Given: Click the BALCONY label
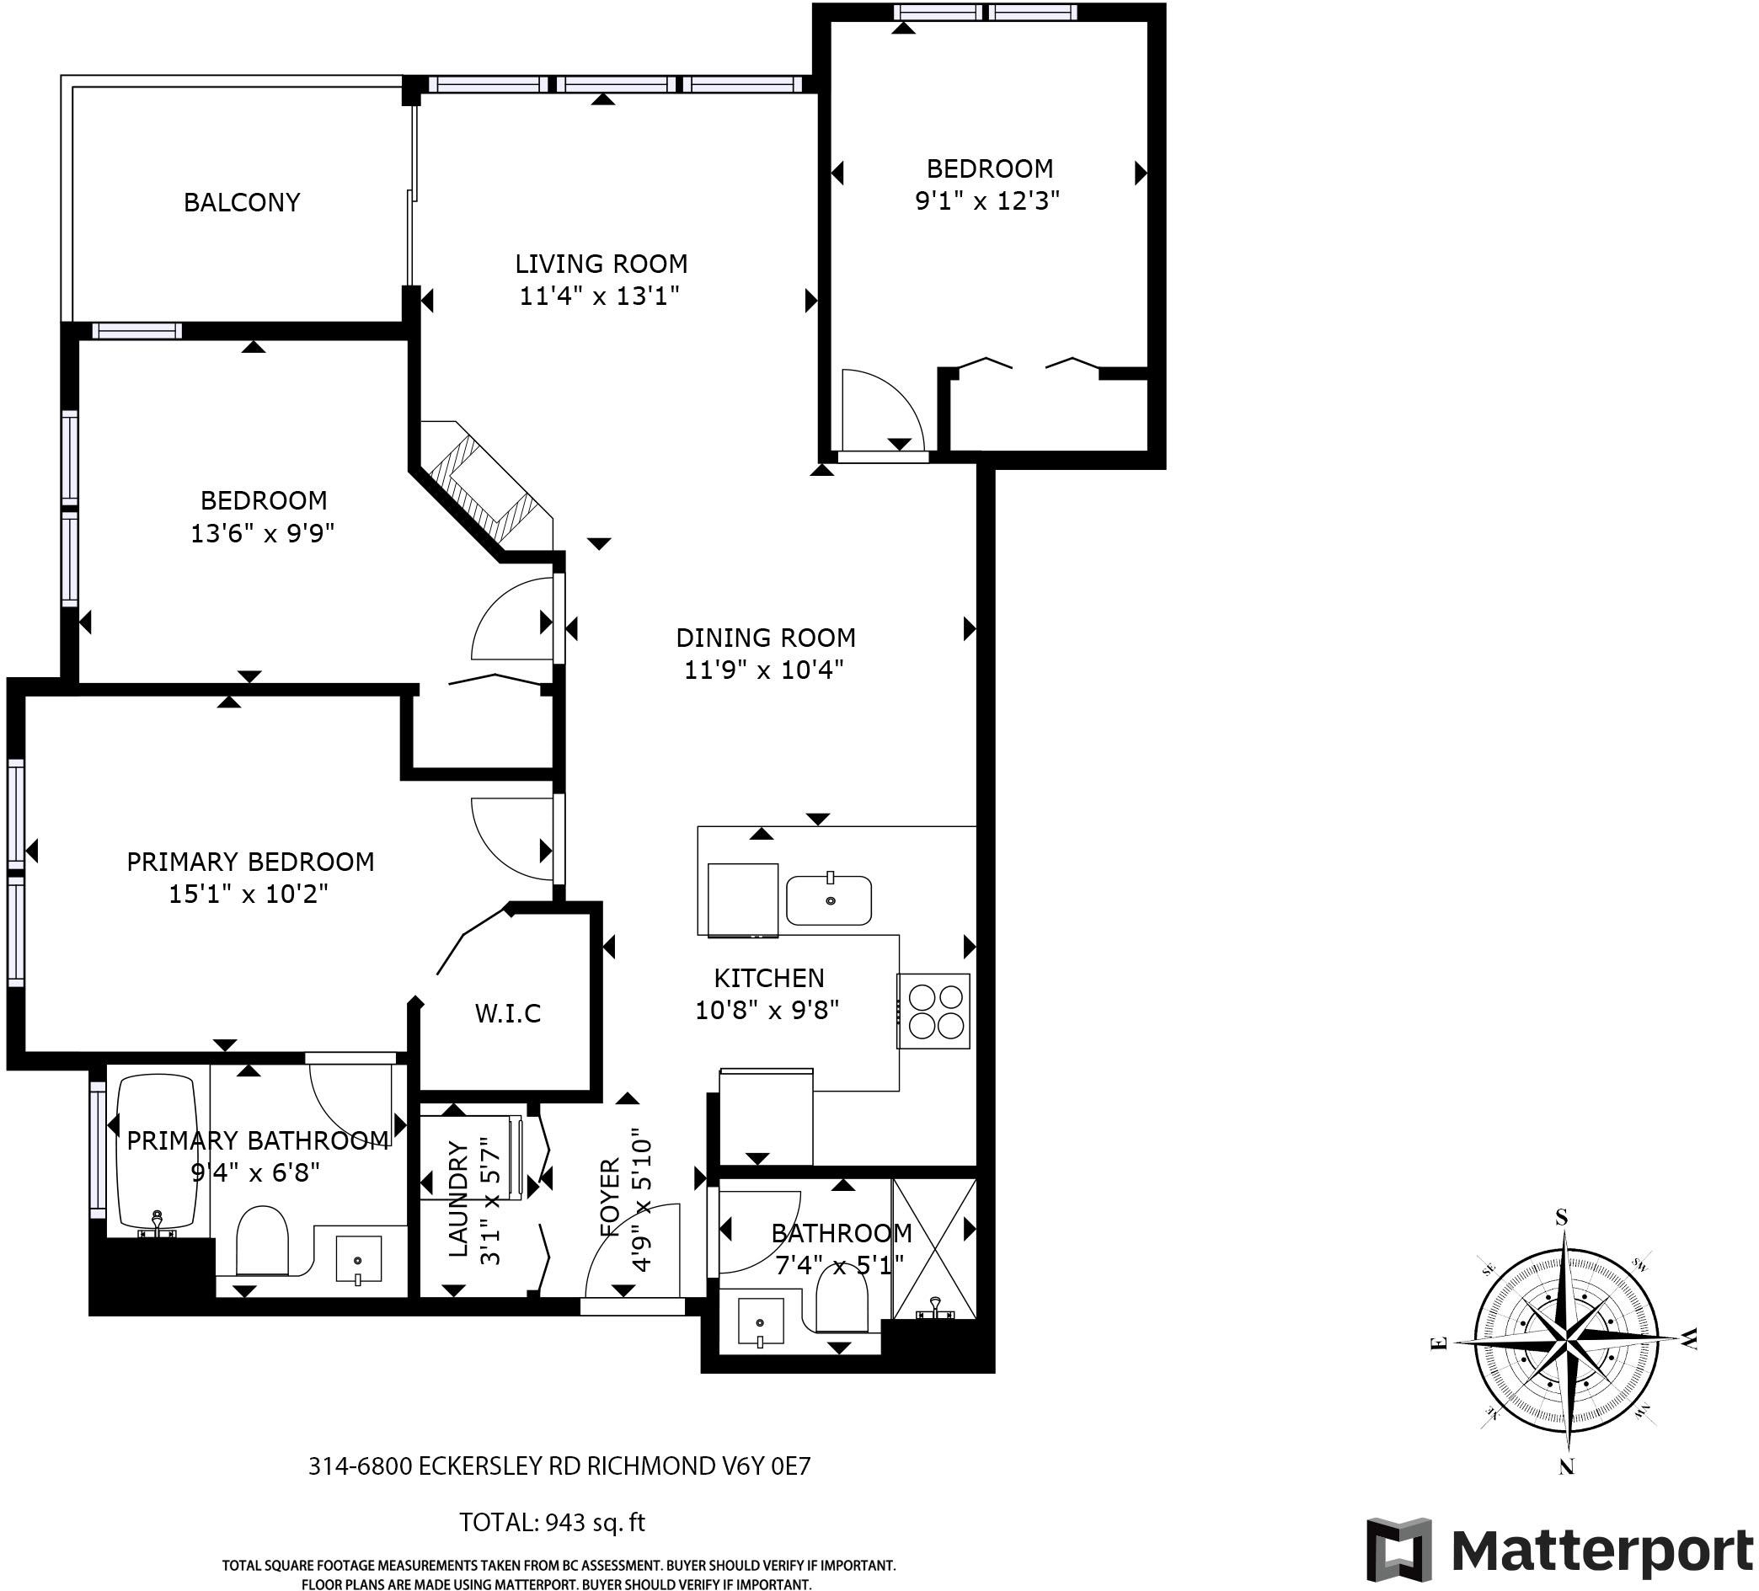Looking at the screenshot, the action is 242,202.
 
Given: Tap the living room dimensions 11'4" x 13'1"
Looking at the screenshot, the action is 600,296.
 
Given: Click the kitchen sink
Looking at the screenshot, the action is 829,900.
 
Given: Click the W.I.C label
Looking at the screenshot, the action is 508,1013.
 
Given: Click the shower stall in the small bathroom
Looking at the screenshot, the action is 934,1249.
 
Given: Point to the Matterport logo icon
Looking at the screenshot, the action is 1399,1550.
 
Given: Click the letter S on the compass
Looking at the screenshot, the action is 1562,1218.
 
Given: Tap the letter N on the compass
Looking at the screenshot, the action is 1567,1467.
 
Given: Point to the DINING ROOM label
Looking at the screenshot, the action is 765,638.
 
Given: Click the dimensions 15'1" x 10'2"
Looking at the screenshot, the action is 249,894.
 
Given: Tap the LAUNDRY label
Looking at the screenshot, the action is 458,1199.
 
